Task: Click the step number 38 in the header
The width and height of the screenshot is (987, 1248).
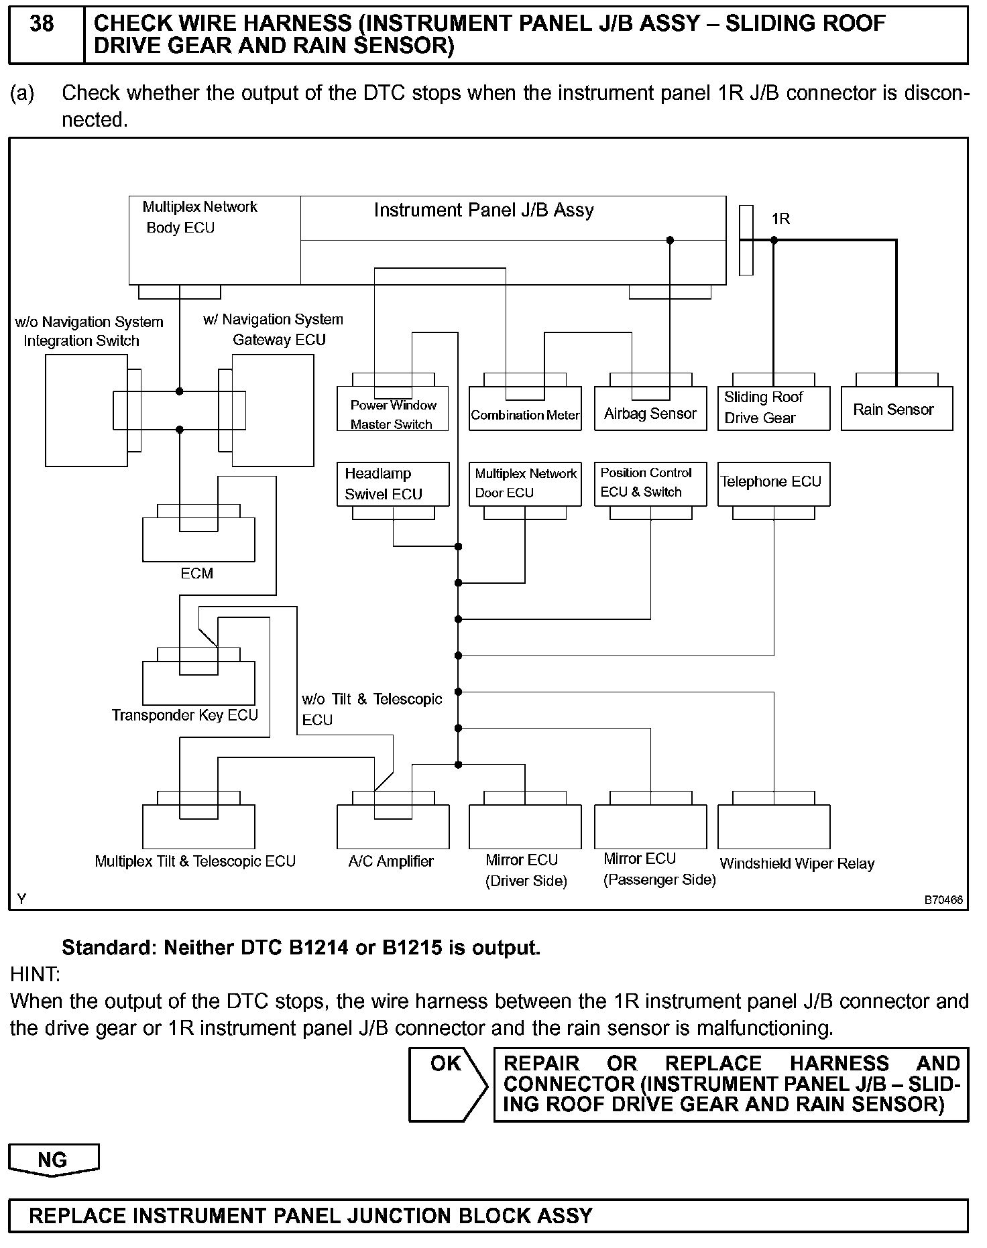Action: point(42,24)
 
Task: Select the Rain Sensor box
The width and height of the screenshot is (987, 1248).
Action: point(896,409)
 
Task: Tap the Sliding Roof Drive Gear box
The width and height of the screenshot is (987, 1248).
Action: point(773,408)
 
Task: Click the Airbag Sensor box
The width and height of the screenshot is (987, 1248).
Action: point(650,409)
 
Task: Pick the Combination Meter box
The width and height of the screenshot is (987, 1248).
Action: point(525,410)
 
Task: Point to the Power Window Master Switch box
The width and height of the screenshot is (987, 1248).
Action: point(392,409)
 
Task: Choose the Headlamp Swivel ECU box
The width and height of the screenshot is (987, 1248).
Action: point(392,484)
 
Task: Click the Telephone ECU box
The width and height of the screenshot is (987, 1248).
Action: point(773,483)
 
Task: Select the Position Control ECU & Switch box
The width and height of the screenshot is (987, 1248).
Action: point(650,483)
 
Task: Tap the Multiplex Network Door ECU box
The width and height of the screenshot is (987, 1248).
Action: point(525,483)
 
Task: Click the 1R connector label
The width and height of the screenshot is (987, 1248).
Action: point(780,219)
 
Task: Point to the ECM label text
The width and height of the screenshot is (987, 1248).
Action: point(196,574)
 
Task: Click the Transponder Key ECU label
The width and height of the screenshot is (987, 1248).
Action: point(184,716)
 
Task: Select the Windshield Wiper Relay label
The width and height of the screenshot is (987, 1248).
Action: point(797,864)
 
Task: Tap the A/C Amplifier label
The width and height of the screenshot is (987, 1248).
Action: point(391,862)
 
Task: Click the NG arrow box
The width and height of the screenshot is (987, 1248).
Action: point(53,1160)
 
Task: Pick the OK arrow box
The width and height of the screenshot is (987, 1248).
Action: point(447,1084)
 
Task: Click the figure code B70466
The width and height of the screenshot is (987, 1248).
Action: point(943,900)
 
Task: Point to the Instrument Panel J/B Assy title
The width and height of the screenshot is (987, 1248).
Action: point(483,210)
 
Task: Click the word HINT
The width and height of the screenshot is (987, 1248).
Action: point(35,974)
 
